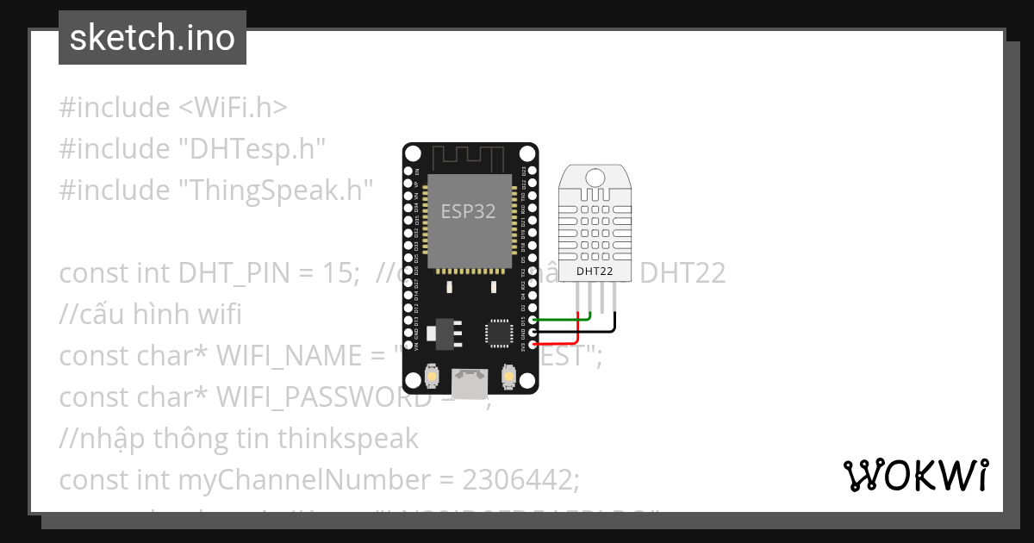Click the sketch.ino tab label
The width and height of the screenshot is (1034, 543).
[153, 38]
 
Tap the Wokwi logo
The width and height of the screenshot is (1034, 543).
[916, 475]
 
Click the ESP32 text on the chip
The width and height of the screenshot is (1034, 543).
[468, 211]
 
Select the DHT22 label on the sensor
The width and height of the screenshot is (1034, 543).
[595, 271]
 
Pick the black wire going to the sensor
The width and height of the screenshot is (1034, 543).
[586, 331]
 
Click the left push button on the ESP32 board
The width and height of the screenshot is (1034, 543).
[432, 378]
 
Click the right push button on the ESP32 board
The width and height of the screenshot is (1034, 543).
[508, 378]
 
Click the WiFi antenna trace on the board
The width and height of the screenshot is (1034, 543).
[468, 158]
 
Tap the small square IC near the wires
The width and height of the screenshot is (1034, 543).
[499, 333]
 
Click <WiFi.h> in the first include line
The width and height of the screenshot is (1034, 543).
[234, 108]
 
